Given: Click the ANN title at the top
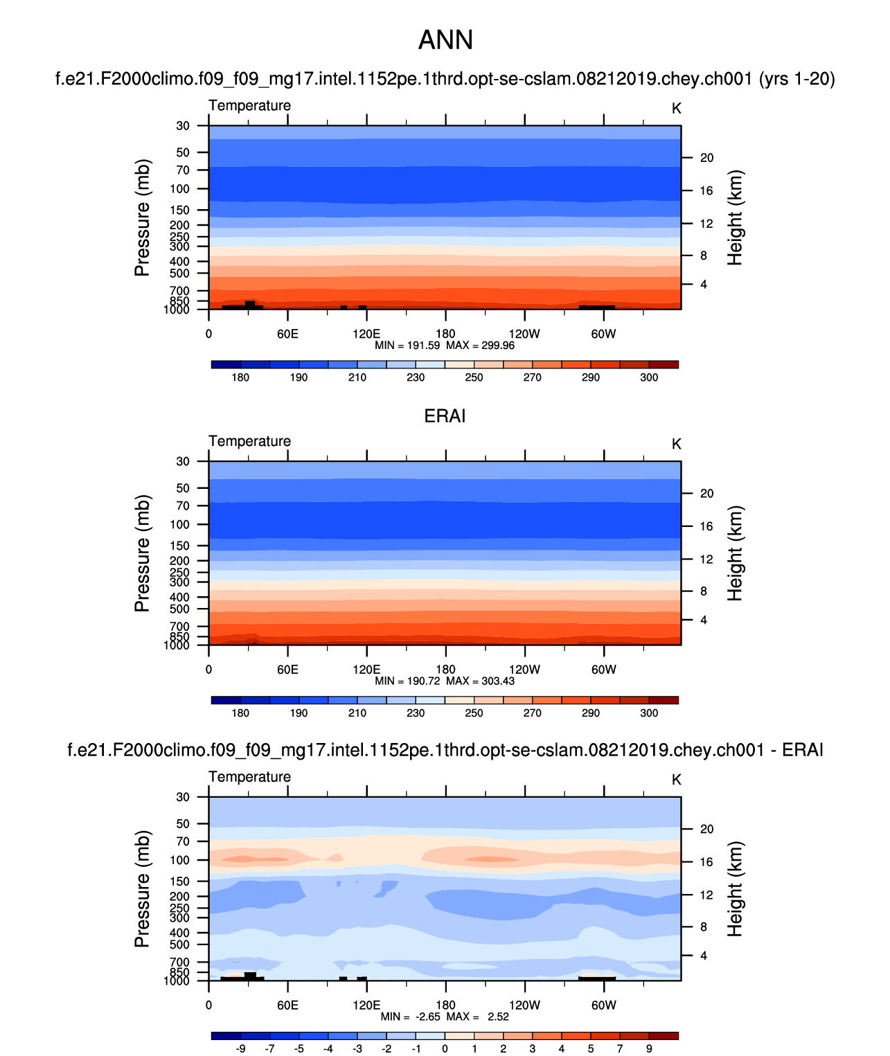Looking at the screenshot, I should click(445, 40).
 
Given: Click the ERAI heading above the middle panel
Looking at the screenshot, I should click(445, 416).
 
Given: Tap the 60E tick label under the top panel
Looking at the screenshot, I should click(287, 334).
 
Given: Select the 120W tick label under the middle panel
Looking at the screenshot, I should click(524, 670).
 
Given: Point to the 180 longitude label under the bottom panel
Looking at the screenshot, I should click(445, 1005).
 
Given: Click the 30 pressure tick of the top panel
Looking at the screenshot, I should click(183, 126).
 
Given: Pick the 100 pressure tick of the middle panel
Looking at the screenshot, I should click(179, 525).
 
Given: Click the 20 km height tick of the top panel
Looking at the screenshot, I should click(706, 158).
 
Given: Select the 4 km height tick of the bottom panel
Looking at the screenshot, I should click(704, 956).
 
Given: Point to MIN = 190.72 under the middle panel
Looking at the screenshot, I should click(407, 681).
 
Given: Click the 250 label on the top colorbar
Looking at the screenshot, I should click(474, 377).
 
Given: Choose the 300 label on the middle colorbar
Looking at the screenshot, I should click(649, 713).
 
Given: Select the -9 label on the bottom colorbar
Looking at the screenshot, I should click(240, 1048).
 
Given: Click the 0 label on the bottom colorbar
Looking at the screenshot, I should click(445, 1048).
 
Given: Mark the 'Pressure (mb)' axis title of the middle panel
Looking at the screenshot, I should click(142, 553).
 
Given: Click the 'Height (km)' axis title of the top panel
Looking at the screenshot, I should click(735, 217).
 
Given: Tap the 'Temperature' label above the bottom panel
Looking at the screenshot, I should click(249, 777).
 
